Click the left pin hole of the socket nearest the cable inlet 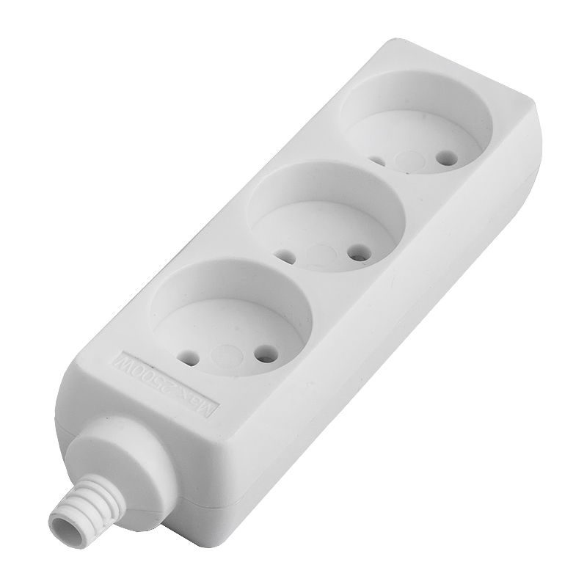tap(190, 359)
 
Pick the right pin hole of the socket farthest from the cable tap(442, 156)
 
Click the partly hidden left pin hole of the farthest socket tap(377, 160)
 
